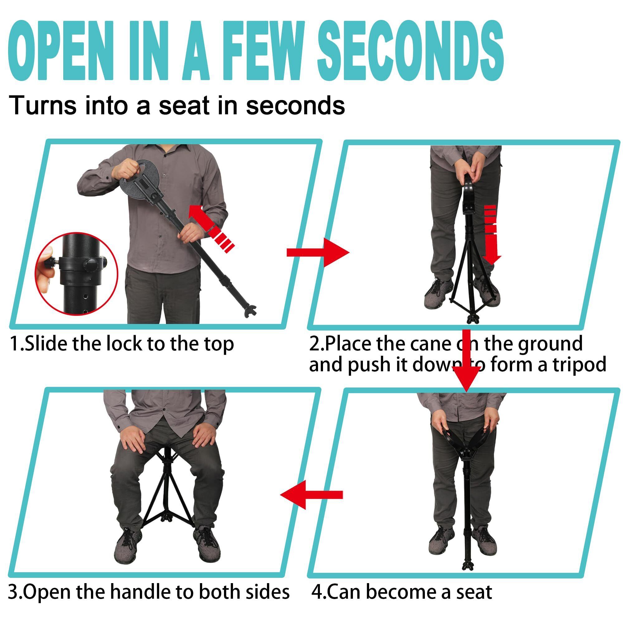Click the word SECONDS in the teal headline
pyautogui.click(x=410, y=52)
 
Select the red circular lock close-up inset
pyautogui.click(x=76, y=274)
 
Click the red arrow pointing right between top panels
pyautogui.click(x=318, y=252)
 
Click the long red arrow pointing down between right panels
pyautogui.click(x=466, y=361)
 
